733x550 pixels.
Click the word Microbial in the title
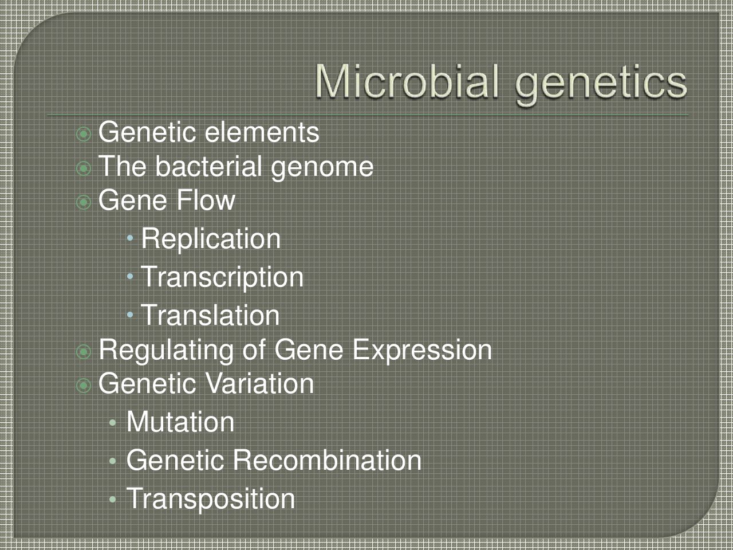(407, 82)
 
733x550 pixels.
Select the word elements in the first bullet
(262, 132)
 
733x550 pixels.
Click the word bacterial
(208, 166)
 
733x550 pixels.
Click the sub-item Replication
(211, 239)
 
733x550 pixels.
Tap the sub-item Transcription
(222, 277)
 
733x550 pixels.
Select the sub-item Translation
(210, 315)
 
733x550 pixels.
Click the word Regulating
(166, 351)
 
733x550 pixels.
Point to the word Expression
(423, 351)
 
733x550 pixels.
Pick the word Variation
(259, 383)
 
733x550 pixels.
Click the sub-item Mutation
(180, 422)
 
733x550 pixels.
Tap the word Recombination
(327, 460)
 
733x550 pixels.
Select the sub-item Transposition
(211, 500)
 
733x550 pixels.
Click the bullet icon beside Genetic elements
(84, 134)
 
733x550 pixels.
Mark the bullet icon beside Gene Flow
(84, 202)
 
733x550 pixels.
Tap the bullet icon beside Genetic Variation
(84, 386)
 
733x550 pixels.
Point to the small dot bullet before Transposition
(113, 500)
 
